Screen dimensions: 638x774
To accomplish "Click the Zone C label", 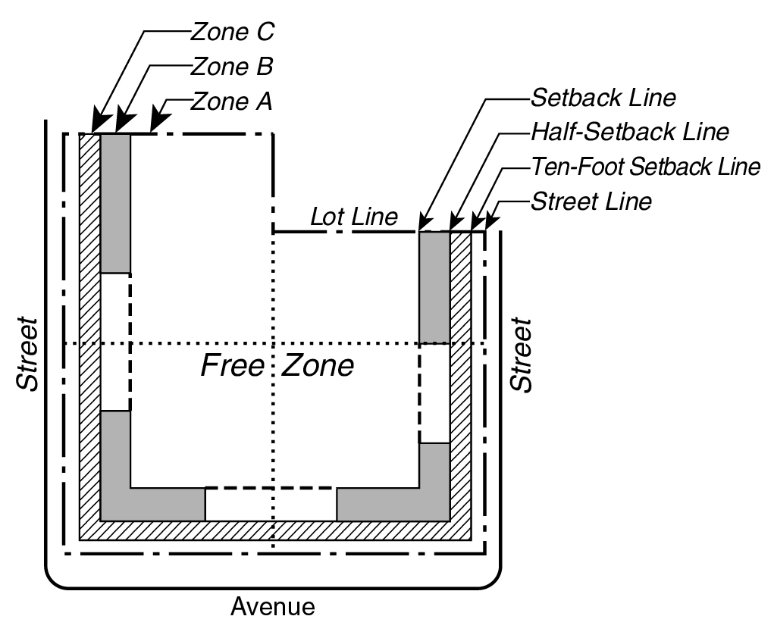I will [231, 33].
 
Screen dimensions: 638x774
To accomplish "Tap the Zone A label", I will [231, 101].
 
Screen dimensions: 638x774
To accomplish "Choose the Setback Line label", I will [603, 99].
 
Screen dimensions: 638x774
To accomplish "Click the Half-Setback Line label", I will [629, 132].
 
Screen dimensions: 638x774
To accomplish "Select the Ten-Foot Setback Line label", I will [645, 167].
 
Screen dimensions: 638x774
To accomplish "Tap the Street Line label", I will [591, 202].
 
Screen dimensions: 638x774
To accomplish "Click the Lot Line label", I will [354, 217].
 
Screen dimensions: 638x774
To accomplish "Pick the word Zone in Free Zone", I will [318, 366].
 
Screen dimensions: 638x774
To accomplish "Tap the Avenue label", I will [273, 607].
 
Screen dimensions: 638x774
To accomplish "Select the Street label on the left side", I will [28, 354].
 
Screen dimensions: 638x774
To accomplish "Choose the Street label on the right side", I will [520, 355].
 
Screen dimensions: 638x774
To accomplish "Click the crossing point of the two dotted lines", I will [274, 344].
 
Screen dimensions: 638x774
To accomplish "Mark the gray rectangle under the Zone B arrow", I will [115, 203].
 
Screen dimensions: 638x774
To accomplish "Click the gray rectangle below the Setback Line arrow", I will [434, 287].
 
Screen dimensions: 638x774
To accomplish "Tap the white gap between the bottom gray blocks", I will [271, 505].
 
